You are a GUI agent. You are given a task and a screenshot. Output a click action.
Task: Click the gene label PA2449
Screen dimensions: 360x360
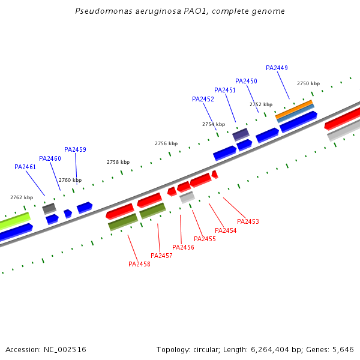277,68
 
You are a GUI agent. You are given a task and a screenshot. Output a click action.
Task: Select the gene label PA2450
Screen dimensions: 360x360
246,81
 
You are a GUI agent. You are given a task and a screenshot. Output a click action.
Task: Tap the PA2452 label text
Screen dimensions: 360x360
203,99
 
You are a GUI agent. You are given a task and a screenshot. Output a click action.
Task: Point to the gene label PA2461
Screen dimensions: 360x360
25,167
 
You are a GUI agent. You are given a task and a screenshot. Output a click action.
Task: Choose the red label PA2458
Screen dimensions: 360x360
139,264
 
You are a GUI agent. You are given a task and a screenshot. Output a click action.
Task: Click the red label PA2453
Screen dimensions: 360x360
248,221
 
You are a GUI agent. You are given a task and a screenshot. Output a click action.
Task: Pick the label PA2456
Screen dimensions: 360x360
183,247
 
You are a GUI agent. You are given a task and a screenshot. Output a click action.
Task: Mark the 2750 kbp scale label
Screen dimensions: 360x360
308,83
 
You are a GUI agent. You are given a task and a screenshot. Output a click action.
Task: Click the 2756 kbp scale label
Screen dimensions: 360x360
166,143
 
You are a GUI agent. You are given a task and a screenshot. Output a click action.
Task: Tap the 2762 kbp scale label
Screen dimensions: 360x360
22,197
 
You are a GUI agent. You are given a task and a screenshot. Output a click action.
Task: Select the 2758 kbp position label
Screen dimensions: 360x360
118,162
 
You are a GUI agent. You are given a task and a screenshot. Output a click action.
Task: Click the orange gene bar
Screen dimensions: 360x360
294,109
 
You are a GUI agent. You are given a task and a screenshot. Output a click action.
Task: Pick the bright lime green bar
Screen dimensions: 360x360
14,221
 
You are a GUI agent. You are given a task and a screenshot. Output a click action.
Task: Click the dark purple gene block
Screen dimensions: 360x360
241,134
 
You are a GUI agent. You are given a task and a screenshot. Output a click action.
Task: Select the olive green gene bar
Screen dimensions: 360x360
152,210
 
